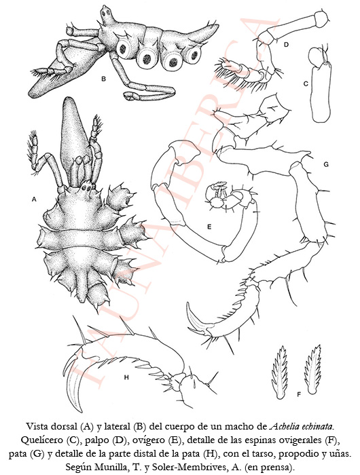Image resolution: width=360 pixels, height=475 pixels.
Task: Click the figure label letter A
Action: click(x=34, y=199)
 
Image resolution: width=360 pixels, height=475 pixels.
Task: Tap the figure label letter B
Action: click(x=104, y=79)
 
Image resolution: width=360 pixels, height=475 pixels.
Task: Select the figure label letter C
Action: click(x=306, y=84)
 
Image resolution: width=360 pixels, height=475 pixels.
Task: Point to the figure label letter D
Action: click(x=286, y=45)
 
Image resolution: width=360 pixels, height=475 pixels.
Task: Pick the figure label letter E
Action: click(x=209, y=226)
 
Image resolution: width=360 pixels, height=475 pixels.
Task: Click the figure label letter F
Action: click(x=299, y=394)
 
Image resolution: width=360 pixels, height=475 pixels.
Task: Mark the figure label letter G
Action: click(x=326, y=164)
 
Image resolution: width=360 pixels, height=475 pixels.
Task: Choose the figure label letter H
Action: click(x=126, y=377)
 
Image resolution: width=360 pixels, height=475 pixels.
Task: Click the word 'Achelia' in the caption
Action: click(x=283, y=427)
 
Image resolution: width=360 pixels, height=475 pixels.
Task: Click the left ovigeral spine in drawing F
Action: click(x=279, y=372)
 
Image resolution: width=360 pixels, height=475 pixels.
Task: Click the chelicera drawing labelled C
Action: click(x=321, y=85)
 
